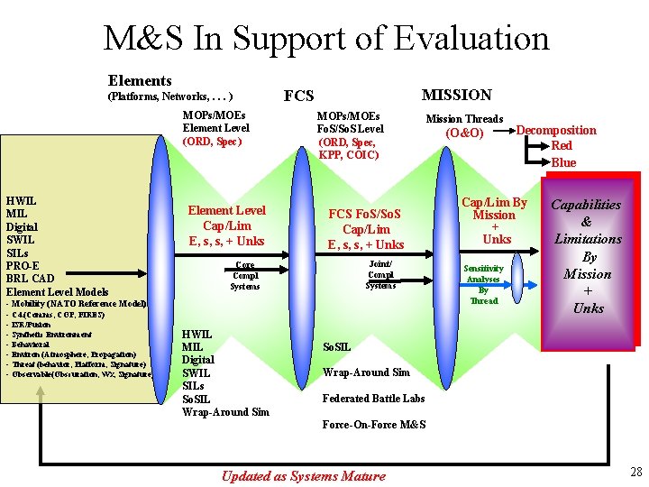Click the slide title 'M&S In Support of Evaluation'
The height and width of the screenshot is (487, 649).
tap(325, 38)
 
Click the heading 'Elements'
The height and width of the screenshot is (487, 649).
tap(140, 81)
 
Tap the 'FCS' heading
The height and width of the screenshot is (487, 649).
tap(298, 96)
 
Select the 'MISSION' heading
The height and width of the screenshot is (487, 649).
tap(457, 95)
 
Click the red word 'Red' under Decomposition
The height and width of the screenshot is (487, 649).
tap(562, 146)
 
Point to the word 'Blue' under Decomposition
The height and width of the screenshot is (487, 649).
tap(563, 162)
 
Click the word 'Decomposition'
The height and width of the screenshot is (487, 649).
tap(556, 130)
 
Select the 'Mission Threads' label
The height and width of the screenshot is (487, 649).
tap(464, 119)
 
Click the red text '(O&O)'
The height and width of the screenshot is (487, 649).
tap(465, 133)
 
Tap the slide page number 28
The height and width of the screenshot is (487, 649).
tap(636, 472)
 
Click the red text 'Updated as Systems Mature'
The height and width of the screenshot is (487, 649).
tap(304, 476)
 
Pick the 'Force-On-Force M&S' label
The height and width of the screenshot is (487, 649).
tap(374, 425)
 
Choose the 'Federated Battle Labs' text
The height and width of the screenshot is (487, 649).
tap(374, 398)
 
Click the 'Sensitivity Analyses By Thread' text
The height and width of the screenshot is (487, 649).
tap(484, 285)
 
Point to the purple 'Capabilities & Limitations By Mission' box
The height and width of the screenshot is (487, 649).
tap(587, 257)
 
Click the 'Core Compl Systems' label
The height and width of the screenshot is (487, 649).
tap(244, 276)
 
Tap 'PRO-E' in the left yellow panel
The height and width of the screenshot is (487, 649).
tap(22, 265)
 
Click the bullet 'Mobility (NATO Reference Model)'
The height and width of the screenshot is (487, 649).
tap(78, 304)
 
